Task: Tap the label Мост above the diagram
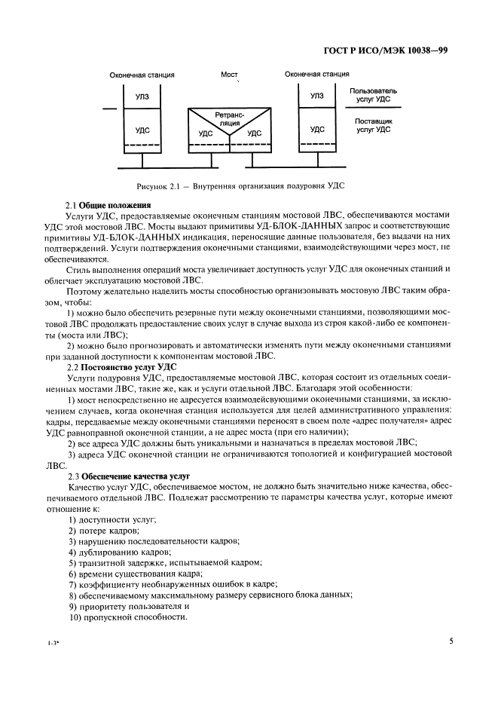coord(229,75)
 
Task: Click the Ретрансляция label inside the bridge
coord(229,118)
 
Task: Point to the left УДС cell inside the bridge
coord(206,133)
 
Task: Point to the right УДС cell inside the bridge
coord(254,133)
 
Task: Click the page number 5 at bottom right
coord(451,642)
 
